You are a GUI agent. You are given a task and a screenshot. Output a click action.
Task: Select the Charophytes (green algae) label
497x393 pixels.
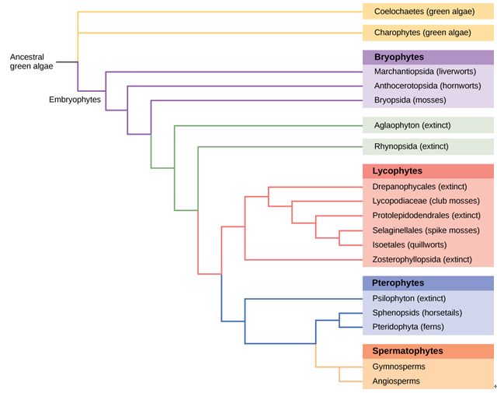pos(422,33)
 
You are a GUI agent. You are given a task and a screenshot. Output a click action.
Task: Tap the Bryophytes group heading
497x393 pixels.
pos(398,57)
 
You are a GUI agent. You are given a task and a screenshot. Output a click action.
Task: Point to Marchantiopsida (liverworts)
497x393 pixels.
pos(425,72)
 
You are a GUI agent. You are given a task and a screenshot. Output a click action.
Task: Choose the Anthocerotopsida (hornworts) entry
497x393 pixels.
pos(427,86)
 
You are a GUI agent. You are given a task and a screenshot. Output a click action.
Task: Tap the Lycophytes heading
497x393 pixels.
pos(397,170)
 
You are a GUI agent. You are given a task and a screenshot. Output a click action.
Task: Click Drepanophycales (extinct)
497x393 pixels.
pos(419,187)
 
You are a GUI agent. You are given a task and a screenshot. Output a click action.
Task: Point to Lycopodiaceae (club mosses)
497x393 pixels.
pos(426,201)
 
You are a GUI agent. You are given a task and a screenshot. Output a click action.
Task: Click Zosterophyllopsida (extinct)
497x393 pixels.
pos(422,258)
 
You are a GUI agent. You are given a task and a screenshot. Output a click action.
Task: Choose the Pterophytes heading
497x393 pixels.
pos(398,282)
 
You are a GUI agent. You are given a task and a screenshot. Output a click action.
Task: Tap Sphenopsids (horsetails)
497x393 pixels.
pos(417,312)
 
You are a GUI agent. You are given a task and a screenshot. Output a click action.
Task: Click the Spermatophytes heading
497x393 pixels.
pos(407,351)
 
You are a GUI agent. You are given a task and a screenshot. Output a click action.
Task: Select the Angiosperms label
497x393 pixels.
pos(396,381)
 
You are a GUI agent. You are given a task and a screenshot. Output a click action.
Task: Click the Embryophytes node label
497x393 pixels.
pos(75,100)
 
